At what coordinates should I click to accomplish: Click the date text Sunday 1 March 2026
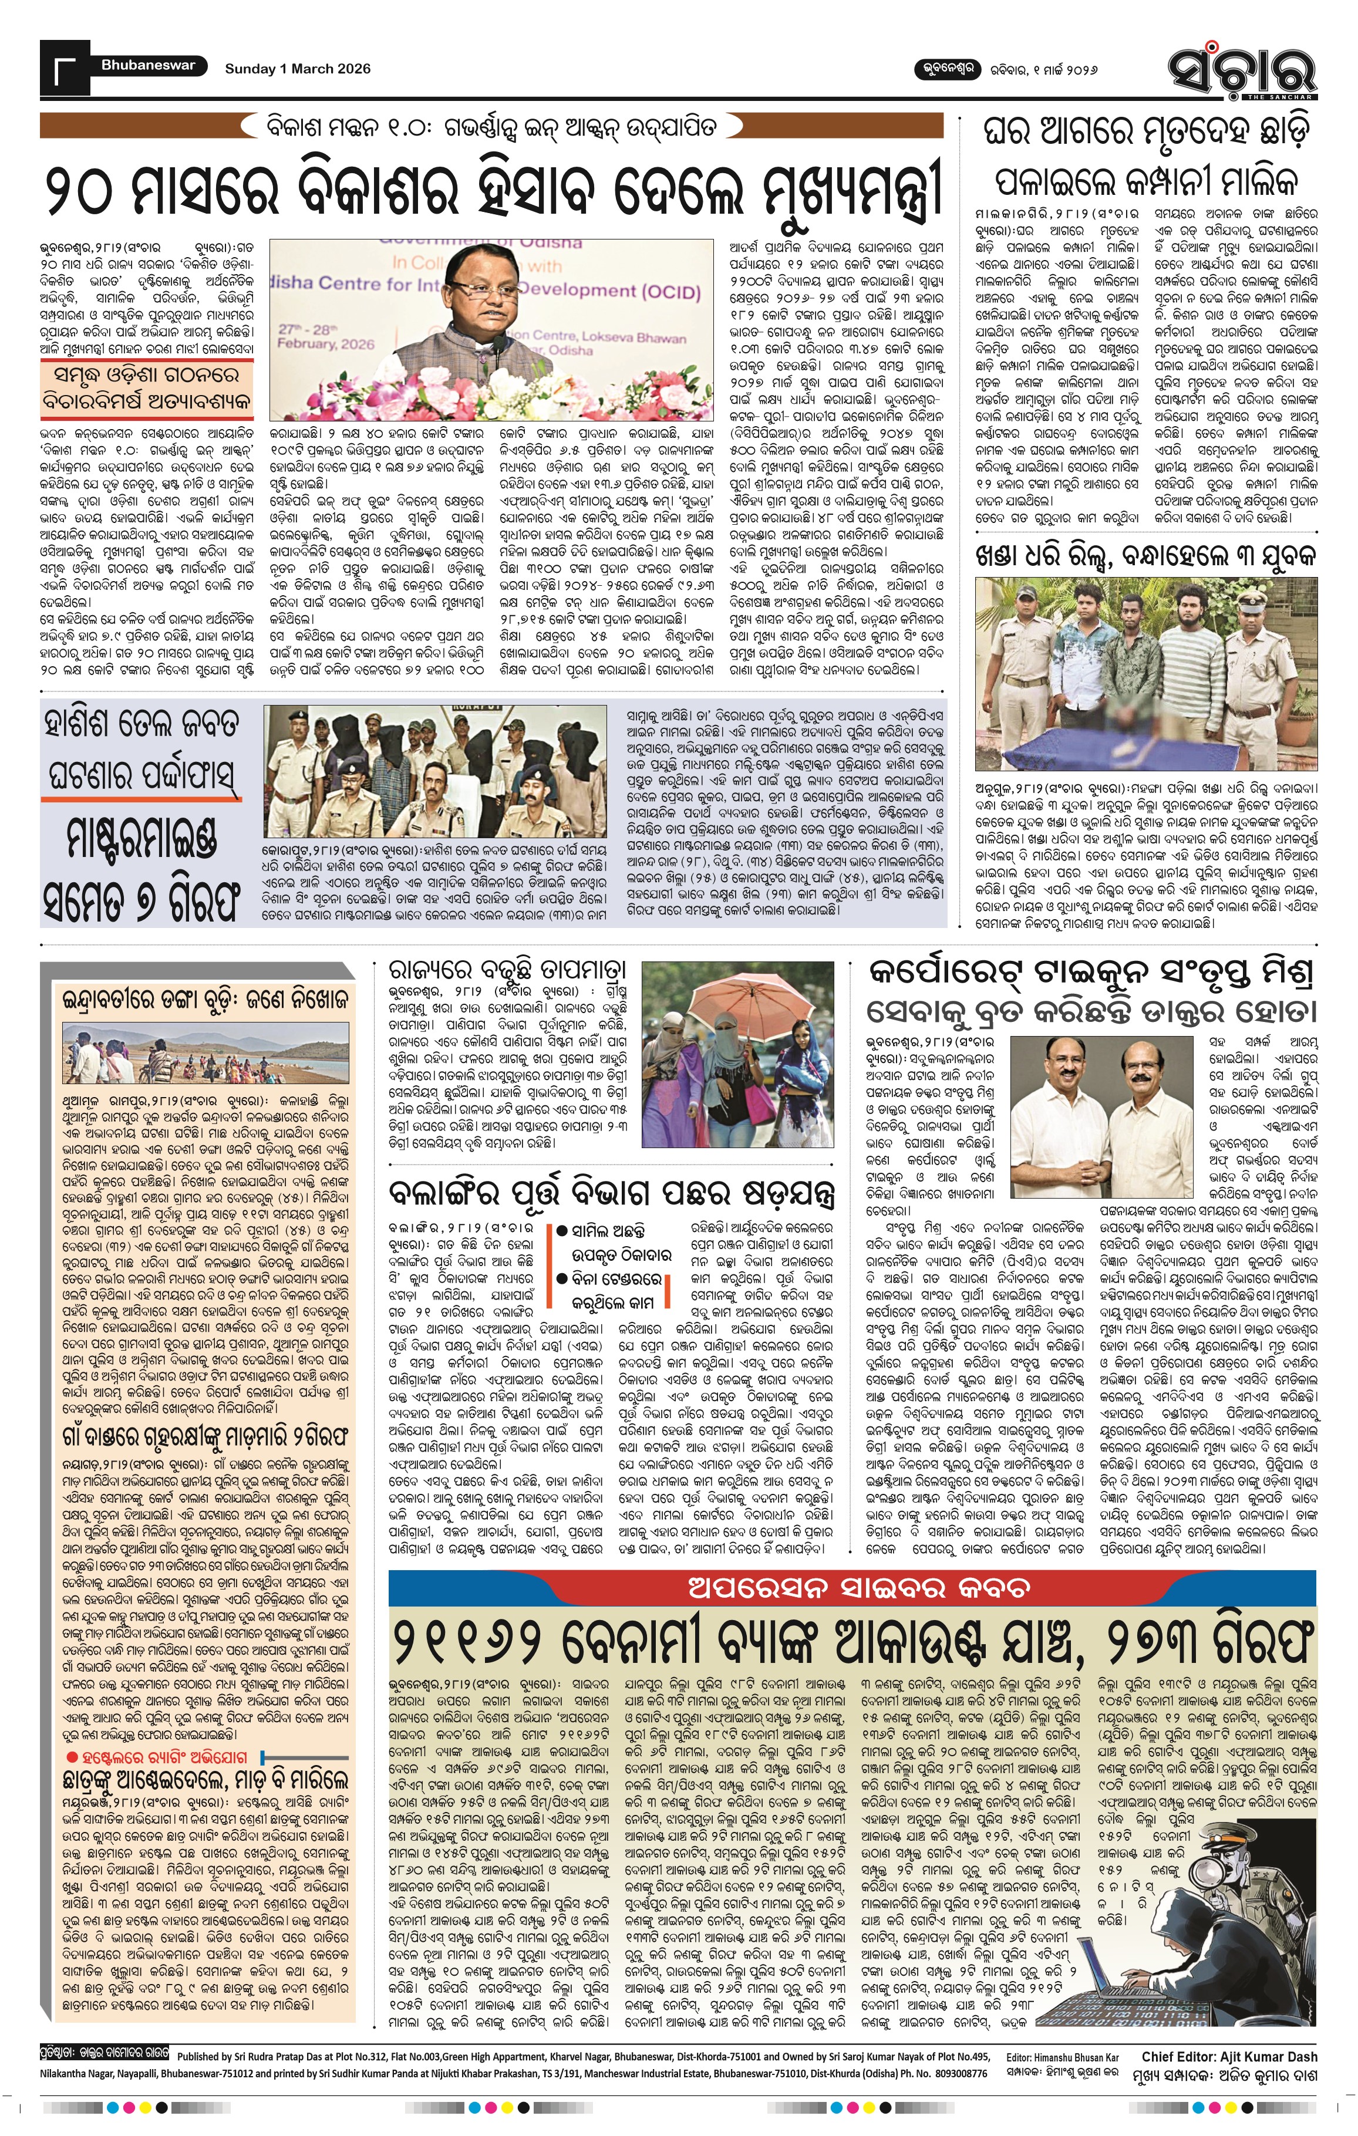(297, 68)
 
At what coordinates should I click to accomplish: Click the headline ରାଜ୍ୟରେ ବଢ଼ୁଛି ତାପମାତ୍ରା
(507, 969)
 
